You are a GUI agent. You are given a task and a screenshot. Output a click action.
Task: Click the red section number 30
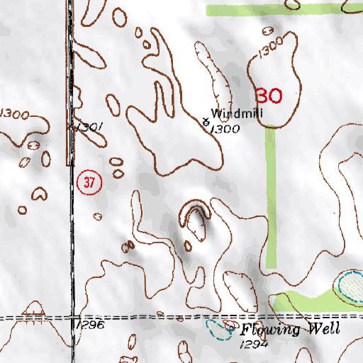pos(269,95)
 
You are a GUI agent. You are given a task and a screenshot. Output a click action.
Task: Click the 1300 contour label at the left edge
pos(14,114)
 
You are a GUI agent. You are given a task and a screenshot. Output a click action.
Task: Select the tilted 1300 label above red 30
pos(271,50)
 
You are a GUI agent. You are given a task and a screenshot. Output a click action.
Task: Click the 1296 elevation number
pos(91,324)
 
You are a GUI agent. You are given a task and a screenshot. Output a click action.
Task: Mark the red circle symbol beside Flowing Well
pos(229,325)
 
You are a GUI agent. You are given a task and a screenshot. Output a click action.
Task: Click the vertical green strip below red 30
pos(271,191)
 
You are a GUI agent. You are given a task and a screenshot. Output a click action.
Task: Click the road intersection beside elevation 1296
pos(74,317)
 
